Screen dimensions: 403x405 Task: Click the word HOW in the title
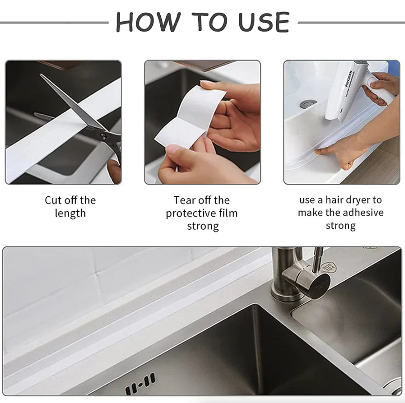(147, 22)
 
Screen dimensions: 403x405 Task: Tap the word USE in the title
(263, 22)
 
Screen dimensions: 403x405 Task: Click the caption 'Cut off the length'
(70, 206)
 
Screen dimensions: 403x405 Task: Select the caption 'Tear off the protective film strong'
(202, 213)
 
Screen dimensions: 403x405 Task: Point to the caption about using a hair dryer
(340, 212)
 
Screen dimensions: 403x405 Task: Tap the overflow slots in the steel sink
(140, 384)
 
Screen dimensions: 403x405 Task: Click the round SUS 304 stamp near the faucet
(330, 267)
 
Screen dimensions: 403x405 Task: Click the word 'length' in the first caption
(70, 213)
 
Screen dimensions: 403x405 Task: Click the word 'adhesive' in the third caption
(363, 212)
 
